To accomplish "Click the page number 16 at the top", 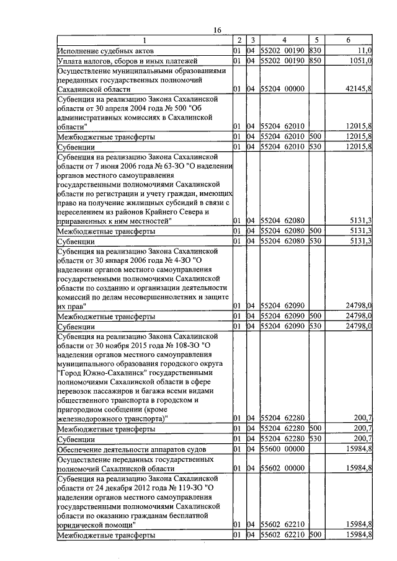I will (217, 30).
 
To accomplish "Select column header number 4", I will (283, 40).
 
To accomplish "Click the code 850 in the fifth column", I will (314, 61).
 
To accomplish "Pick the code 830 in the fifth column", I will (314, 50).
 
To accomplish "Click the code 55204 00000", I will (282, 89).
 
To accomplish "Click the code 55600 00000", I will (282, 449).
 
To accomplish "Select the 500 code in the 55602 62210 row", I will (314, 534).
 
